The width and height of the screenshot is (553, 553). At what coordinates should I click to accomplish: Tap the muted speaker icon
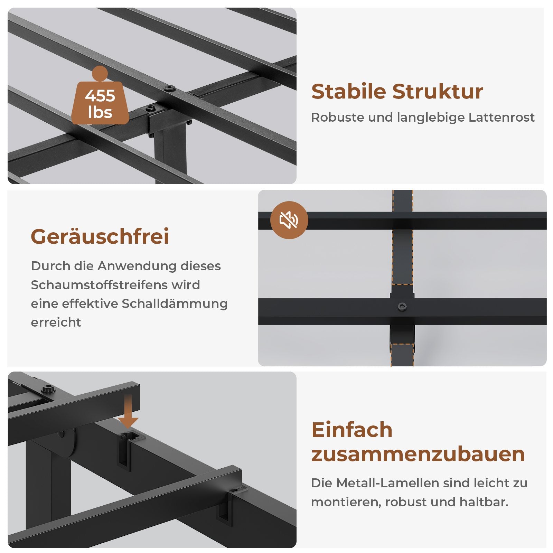pos(289,220)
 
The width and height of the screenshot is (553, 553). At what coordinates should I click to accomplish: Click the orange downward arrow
pos(128,411)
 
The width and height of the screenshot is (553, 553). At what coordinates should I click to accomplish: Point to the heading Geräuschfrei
pos(100,237)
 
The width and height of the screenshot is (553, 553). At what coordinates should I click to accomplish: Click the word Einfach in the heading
pos(352,430)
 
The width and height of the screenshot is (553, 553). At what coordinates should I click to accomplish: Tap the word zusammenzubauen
pos(418,454)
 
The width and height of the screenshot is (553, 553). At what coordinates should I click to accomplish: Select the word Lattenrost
pos(502,117)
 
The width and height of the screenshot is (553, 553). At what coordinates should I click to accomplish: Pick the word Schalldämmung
pos(175,303)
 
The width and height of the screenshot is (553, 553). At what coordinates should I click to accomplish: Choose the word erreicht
pos(56,322)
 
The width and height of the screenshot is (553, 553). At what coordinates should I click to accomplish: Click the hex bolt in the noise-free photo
pos(402,307)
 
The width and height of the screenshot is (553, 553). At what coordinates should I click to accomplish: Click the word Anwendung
pos(137,266)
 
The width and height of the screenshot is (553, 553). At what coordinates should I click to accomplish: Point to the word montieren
pos(346,502)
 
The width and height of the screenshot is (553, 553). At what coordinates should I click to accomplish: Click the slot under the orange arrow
pos(125,451)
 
